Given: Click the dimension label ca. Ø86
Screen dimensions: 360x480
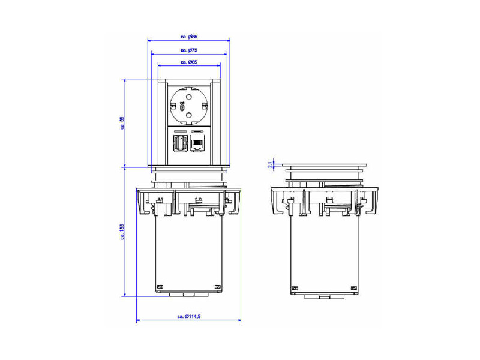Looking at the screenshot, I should (189, 37).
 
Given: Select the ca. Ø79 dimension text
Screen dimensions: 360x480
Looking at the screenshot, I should (189, 50).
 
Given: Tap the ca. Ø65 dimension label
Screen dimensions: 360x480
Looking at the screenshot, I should (189, 62).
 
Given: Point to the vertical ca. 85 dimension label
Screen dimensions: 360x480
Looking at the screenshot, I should (122, 123).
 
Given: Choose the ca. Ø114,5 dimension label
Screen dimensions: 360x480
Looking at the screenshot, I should (189, 316).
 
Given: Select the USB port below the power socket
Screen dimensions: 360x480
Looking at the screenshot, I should (179, 144).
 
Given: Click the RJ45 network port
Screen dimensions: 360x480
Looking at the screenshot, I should (197, 144).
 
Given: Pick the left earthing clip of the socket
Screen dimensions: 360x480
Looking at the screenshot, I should (172, 106).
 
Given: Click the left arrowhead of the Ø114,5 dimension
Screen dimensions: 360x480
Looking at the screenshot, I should (139, 321).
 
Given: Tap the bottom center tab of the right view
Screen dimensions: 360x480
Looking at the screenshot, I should (324, 296).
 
